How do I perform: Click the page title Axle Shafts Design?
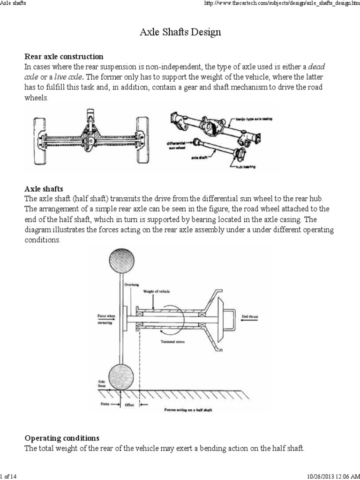[180, 32]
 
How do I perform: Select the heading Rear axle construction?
[64, 57]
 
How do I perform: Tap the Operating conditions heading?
[61, 438]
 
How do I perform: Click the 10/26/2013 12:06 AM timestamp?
[331, 476]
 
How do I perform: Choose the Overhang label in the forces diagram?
[131, 285]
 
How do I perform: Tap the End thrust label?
[250, 317]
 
